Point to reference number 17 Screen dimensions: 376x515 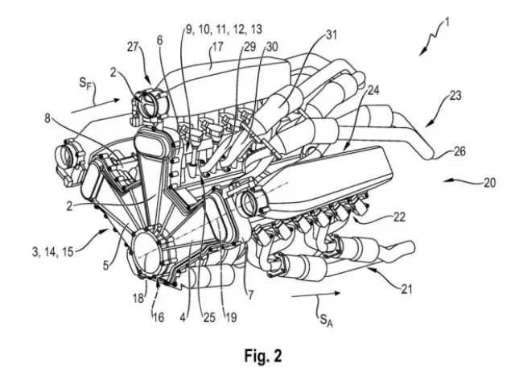(x=216, y=49)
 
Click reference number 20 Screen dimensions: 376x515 (x=490, y=182)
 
